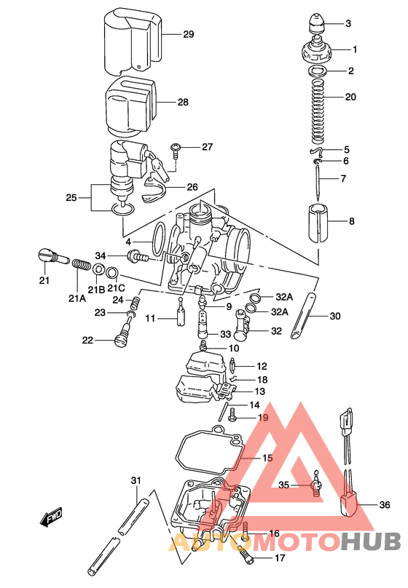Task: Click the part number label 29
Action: point(189,34)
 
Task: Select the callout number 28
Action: point(182,103)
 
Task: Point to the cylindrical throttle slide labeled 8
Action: point(317,221)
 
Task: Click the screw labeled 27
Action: point(176,149)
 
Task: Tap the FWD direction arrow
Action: point(52,518)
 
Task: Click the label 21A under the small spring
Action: point(77,298)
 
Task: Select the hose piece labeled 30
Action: point(305,317)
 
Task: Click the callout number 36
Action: point(385,504)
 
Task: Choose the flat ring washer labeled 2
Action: point(317,71)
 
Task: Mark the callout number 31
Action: point(135,480)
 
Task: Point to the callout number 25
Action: point(71,197)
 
